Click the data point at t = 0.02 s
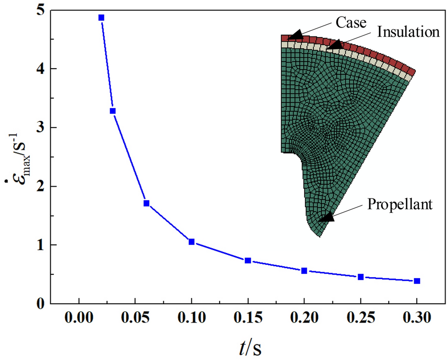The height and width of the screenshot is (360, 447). pos(101,18)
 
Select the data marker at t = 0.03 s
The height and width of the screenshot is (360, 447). pos(113,111)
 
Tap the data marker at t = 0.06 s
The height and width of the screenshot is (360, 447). pos(146,203)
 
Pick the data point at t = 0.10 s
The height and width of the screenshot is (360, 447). pos(191,242)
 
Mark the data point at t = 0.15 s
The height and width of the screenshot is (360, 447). pos(248,261)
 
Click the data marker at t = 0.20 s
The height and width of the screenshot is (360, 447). pos(304,270)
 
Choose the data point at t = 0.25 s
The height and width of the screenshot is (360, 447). pos(360,277)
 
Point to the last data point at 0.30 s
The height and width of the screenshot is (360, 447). pos(417,281)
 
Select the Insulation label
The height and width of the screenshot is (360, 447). pos(408,32)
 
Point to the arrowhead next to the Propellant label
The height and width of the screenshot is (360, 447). pos(326,217)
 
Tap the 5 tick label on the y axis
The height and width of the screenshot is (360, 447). pos(41,10)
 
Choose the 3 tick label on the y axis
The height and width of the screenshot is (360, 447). pos(41,128)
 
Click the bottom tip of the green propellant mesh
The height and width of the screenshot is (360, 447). pos(320,236)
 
